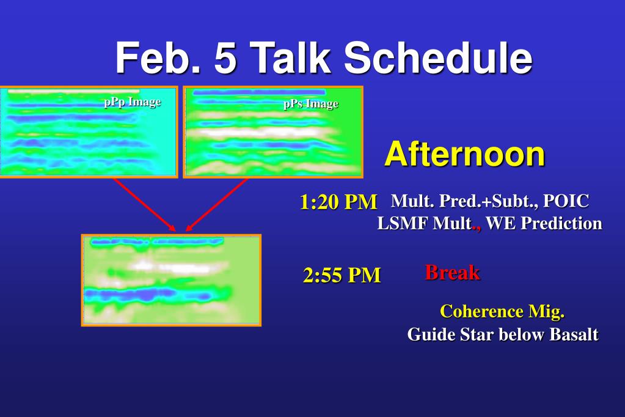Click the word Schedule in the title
(x=438, y=57)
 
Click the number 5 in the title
(x=225, y=58)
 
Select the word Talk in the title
(x=290, y=57)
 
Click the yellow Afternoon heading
(x=465, y=154)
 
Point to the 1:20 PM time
(x=338, y=202)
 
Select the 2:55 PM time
(x=342, y=275)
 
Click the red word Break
(x=453, y=273)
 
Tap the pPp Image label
(x=133, y=102)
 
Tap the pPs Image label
(x=311, y=104)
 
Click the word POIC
(x=566, y=201)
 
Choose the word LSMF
(x=403, y=223)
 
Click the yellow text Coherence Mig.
(x=502, y=312)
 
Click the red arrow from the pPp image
(x=144, y=205)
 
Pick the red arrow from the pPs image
(x=217, y=205)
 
